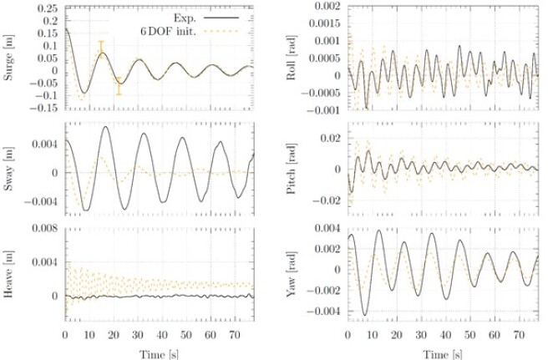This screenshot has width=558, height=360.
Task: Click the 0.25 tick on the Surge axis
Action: pos(47,8)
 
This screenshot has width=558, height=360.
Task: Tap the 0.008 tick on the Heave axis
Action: pos(44,226)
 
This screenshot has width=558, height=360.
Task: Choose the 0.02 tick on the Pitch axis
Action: pos(330,138)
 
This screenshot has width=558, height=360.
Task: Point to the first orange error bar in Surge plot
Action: pos(101,53)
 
